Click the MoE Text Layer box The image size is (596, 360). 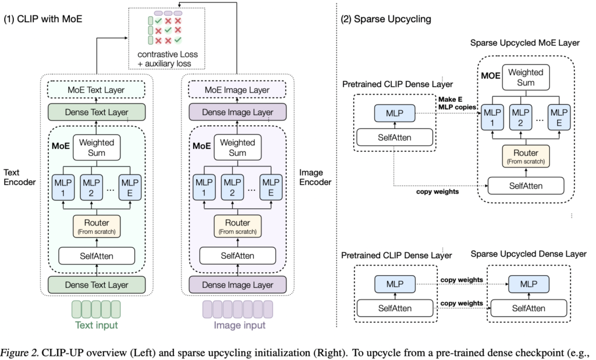(95, 90)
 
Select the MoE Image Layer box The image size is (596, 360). (237, 90)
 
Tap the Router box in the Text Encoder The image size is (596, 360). (95, 225)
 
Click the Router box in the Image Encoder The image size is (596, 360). (237, 225)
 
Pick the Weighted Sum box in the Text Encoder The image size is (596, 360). (95, 147)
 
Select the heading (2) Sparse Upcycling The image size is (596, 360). (385, 19)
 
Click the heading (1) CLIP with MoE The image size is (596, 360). (43, 19)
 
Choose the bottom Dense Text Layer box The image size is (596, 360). (95, 285)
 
